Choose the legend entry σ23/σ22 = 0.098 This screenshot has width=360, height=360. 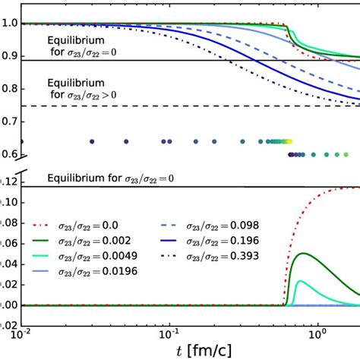[x=220, y=226]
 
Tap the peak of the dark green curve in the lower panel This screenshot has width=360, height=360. [x=303, y=253]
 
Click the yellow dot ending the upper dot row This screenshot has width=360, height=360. [x=290, y=141]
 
